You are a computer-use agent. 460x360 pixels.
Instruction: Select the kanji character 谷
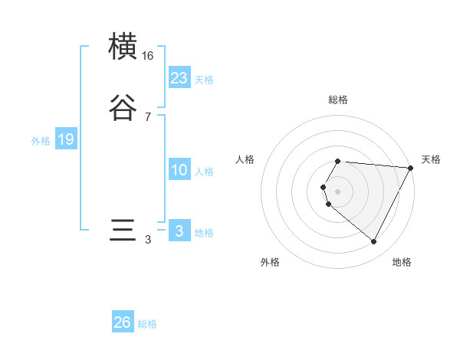(x=123, y=108)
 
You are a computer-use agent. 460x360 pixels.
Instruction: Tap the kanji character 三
(x=123, y=231)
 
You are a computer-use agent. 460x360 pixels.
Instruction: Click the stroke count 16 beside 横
(x=148, y=56)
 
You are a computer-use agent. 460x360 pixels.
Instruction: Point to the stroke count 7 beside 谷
(x=148, y=117)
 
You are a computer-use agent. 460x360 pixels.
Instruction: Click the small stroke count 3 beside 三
(x=148, y=240)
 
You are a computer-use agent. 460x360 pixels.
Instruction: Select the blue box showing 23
(x=179, y=78)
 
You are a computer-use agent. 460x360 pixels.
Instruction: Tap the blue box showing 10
(x=179, y=170)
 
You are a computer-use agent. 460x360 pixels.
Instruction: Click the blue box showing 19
(x=65, y=139)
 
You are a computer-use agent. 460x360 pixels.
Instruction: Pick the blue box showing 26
(x=123, y=322)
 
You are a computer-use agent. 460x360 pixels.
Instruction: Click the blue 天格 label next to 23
(x=204, y=80)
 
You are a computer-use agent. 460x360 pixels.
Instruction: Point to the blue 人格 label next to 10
(x=204, y=172)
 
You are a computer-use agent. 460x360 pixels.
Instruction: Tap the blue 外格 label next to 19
(x=41, y=141)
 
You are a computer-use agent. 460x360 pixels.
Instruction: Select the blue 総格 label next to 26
(x=147, y=324)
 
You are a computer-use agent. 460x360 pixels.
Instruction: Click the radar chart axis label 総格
(x=338, y=100)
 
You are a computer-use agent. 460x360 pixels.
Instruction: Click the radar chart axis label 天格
(x=431, y=159)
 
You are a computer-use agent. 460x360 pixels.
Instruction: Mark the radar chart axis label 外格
(x=270, y=262)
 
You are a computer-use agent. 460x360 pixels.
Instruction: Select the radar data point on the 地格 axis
(x=374, y=242)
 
